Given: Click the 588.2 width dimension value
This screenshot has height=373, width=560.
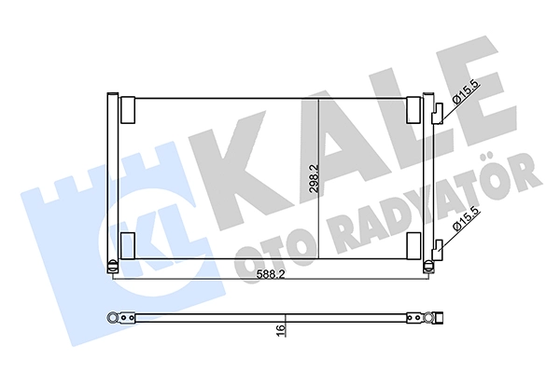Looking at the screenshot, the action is pyautogui.click(x=271, y=274).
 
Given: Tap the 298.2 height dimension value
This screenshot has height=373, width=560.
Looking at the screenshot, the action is pyautogui.click(x=315, y=179).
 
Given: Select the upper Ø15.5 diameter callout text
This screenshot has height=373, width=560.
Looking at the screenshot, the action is pyautogui.click(x=468, y=91).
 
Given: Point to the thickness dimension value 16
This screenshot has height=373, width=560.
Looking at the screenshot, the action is pyautogui.click(x=281, y=330).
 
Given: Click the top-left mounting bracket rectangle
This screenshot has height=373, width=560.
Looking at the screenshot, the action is pyautogui.click(x=128, y=110).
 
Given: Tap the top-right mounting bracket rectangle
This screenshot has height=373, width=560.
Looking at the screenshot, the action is pyautogui.click(x=413, y=110).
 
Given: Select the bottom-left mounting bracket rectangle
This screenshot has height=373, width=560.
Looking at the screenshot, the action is pyautogui.click(x=128, y=245).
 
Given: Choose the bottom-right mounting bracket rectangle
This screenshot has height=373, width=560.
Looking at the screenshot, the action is pyautogui.click(x=413, y=245).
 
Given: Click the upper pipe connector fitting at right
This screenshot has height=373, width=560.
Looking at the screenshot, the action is pyautogui.click(x=438, y=114).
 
